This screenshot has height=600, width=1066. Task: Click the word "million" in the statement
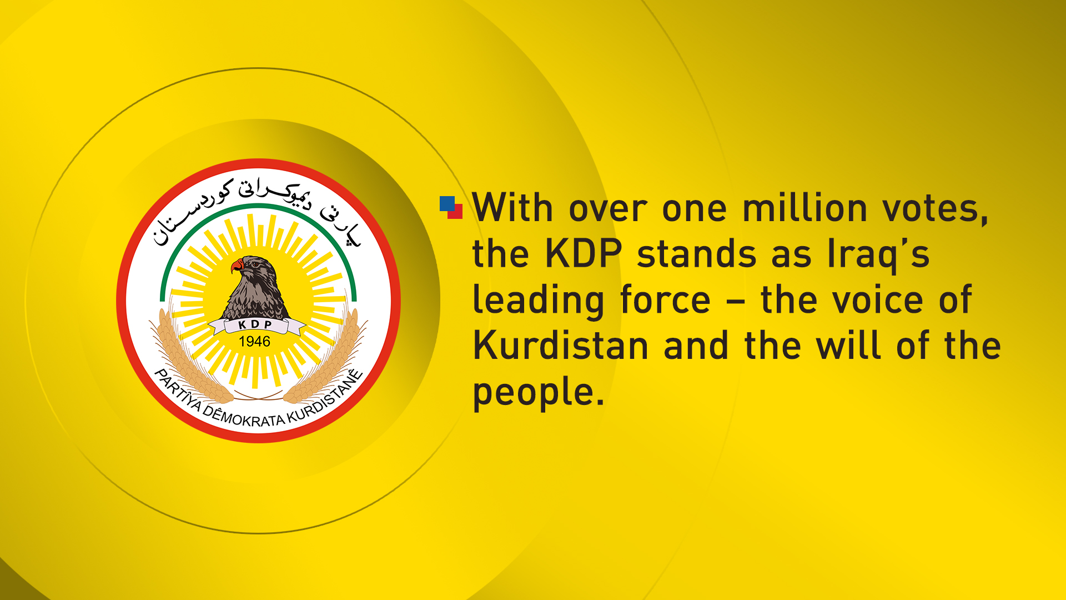click(x=804, y=208)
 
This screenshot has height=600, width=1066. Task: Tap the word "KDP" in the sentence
click(x=583, y=254)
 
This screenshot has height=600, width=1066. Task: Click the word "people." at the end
click(x=538, y=392)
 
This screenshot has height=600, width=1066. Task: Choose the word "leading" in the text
click(x=538, y=301)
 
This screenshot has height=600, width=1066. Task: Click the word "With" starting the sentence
click(x=512, y=208)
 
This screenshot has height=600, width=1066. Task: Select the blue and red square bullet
click(x=451, y=207)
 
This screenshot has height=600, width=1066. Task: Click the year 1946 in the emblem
click(x=254, y=342)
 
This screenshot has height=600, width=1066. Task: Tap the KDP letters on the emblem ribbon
click(x=255, y=324)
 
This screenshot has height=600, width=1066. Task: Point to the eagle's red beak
click(x=237, y=266)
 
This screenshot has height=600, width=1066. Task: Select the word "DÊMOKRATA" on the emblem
click(x=244, y=417)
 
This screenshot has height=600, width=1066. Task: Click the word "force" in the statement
click(x=665, y=301)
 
